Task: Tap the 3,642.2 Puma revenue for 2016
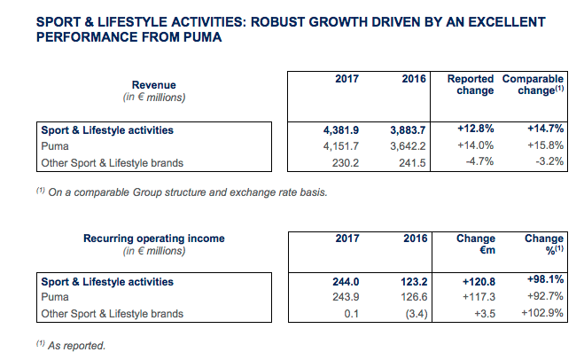(409, 146)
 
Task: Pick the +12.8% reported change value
(476, 130)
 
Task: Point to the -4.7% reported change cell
(479, 162)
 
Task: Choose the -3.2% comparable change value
(549, 162)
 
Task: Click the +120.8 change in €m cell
(476, 282)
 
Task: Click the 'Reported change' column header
(470, 84)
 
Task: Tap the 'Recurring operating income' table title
(154, 239)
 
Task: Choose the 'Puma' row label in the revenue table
(55, 146)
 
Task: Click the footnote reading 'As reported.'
(80, 345)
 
